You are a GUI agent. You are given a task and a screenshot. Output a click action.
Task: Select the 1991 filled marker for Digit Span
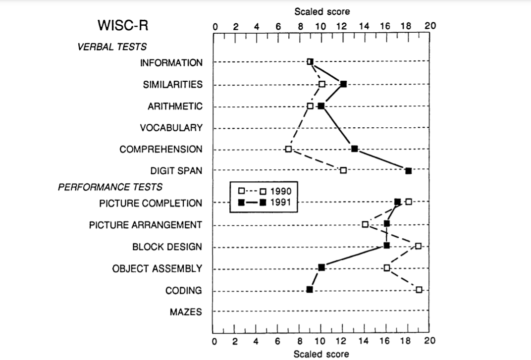coord(408,171)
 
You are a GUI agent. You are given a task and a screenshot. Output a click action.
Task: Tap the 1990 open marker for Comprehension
coord(288,149)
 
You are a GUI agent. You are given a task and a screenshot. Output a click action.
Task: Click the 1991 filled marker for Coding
coord(310,290)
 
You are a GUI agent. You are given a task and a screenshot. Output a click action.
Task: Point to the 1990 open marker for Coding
coord(419,290)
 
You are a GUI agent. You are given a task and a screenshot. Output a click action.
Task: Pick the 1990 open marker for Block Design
coord(419,246)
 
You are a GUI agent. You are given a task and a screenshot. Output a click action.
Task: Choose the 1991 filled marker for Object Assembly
coord(321,267)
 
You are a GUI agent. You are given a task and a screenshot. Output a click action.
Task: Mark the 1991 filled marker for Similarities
coord(343,84)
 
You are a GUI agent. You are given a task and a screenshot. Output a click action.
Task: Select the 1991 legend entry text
coord(281,202)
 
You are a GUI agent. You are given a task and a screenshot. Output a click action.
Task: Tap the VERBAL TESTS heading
coord(112,47)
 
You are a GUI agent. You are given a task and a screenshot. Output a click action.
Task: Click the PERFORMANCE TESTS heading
coord(110,187)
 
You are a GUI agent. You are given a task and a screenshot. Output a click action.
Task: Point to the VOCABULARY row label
coord(171,128)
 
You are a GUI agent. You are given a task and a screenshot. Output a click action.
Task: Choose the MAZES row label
coord(186,312)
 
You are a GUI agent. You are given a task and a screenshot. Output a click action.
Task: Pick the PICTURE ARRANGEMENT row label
coord(146,225)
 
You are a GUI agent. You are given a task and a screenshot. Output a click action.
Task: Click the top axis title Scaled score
coord(321,11)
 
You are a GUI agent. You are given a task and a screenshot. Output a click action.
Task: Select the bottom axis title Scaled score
coord(321,354)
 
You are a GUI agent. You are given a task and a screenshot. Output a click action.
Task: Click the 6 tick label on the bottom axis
coord(278,341)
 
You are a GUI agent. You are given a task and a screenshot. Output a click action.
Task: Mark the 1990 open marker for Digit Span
coord(343,170)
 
